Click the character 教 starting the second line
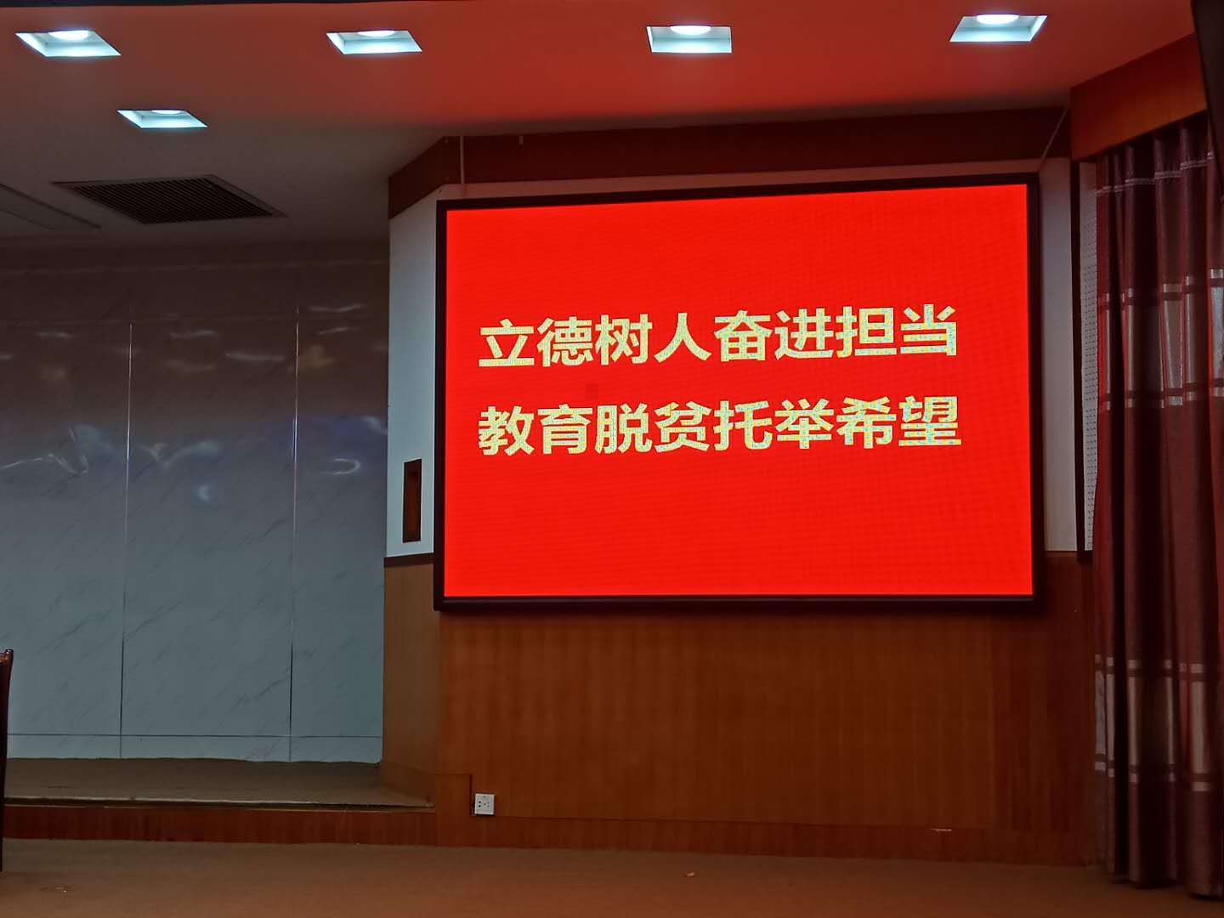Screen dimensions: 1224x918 tap(507, 429)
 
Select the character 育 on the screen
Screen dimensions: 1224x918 tap(565, 428)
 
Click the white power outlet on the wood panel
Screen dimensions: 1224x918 tap(484, 803)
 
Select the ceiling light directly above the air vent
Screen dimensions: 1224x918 tap(161, 118)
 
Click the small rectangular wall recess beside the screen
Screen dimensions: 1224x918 tap(411, 501)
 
